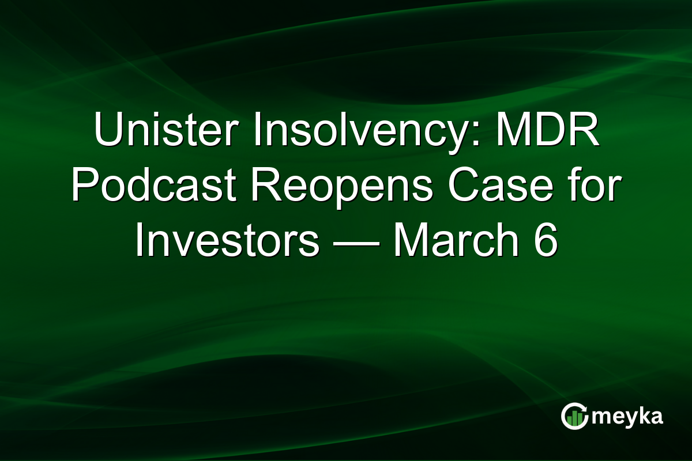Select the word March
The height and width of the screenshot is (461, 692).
[456, 241]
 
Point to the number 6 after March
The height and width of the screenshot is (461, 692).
[546, 241]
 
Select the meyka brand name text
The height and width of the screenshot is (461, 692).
[626, 417]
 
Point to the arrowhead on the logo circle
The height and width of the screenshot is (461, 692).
[584, 407]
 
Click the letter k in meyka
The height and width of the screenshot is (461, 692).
[641, 415]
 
